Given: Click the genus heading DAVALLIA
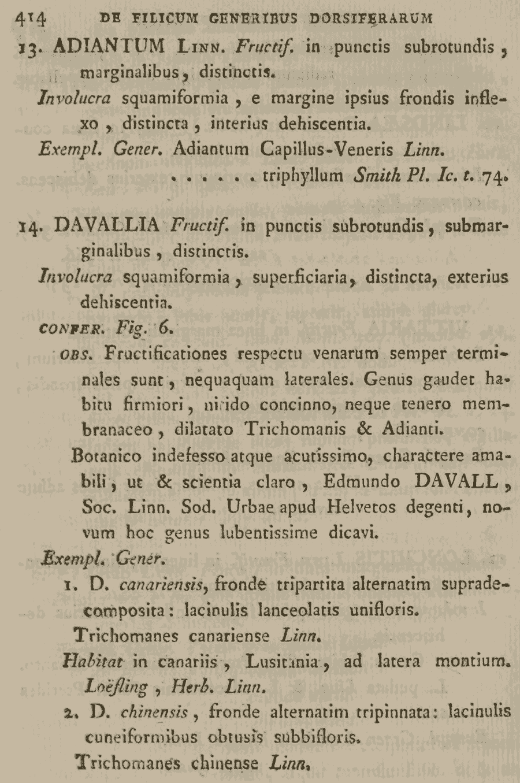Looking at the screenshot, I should (107, 225).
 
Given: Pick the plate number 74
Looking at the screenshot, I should (493, 176).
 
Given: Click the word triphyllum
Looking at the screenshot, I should (303, 175).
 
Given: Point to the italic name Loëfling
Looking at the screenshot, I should (115, 686).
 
